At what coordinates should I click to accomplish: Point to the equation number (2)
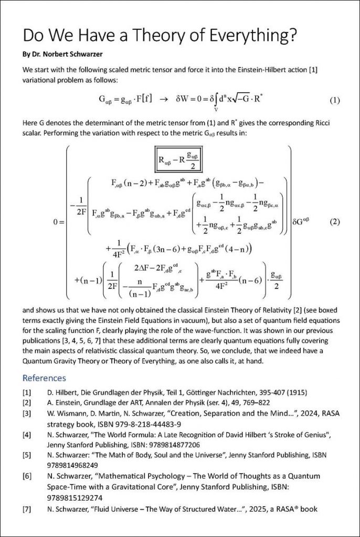coord(334,221)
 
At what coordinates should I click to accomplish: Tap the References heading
coord(44,378)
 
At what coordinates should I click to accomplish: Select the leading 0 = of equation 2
coord(58,222)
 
